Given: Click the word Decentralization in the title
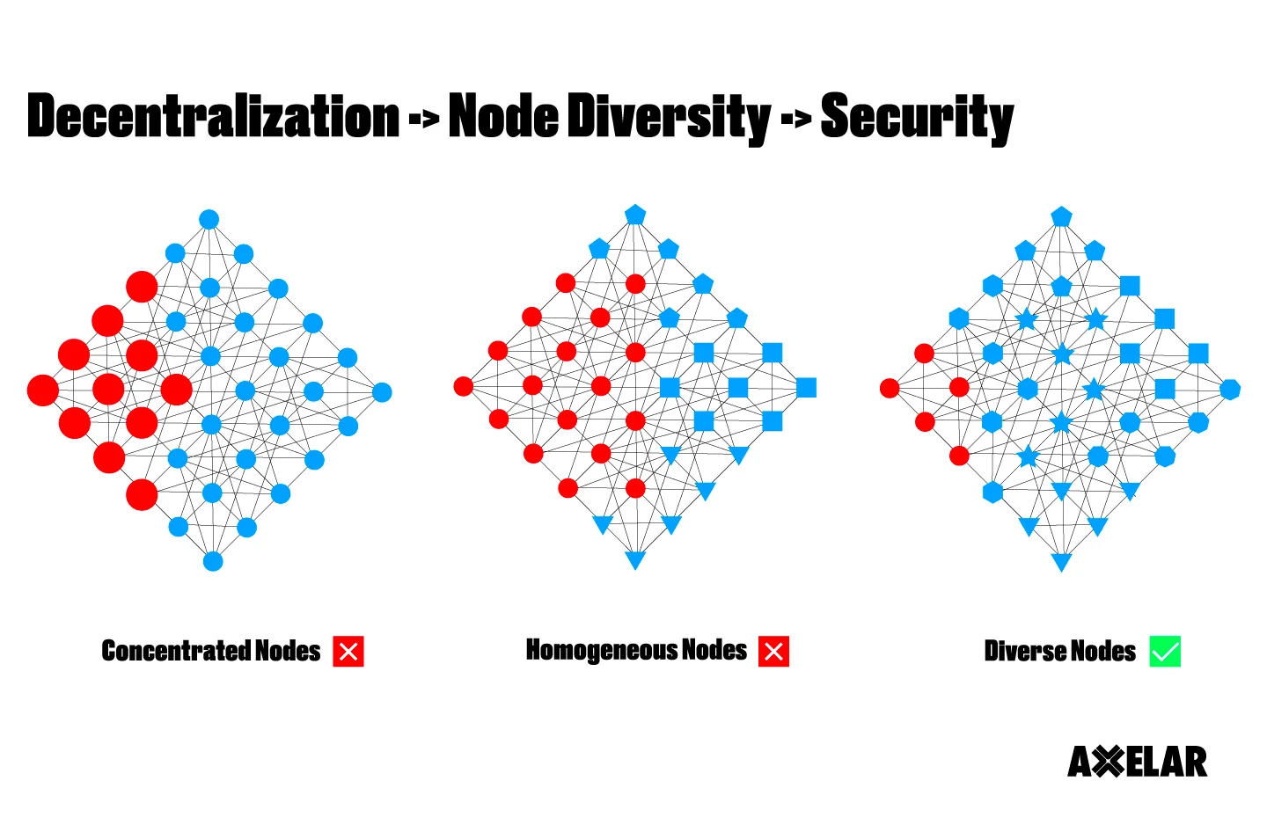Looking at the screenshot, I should [x=213, y=117].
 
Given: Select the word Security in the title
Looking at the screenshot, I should [x=916, y=117].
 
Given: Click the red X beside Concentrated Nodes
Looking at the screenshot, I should [x=348, y=652].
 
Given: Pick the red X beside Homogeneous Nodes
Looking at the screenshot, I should [x=773, y=652].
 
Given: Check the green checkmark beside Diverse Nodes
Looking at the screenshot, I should [x=1165, y=652].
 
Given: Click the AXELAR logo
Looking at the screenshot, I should [x=1137, y=762].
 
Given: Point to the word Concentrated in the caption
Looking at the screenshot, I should [x=176, y=651].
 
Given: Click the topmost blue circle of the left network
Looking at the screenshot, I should [x=209, y=219].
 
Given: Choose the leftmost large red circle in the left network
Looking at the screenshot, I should [x=42, y=390].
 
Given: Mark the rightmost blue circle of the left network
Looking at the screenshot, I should [x=382, y=392].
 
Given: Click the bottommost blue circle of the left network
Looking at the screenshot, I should [x=213, y=561].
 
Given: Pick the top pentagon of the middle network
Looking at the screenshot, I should [x=635, y=215].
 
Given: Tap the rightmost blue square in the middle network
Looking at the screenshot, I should [x=806, y=388].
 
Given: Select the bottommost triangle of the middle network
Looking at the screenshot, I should [x=634, y=559].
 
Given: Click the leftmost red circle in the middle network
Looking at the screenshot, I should [x=464, y=385].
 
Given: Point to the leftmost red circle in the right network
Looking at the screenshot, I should [x=890, y=388].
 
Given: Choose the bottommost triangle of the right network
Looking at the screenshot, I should [x=1061, y=561].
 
